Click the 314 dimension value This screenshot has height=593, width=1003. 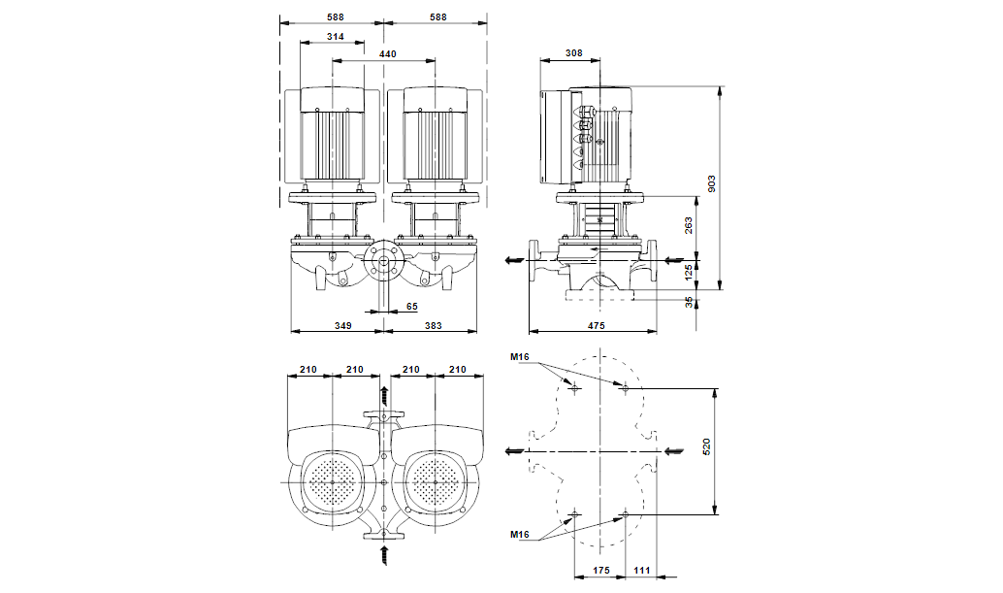[x=335, y=36]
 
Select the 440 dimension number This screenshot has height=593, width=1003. [x=387, y=54]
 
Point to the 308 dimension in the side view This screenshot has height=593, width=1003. [x=573, y=54]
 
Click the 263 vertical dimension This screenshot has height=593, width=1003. [x=690, y=226]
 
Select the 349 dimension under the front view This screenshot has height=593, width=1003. [x=341, y=326]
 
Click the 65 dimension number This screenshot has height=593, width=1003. [x=411, y=306]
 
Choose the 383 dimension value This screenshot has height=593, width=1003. [x=433, y=326]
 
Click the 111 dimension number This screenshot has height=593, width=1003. [x=642, y=571]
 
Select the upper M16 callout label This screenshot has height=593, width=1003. [x=520, y=357]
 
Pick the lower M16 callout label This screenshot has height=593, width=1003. [x=520, y=535]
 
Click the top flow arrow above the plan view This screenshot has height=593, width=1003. [x=385, y=394]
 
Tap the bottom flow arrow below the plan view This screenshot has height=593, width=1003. [x=385, y=556]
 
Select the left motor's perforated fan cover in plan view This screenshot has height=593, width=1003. [x=333, y=482]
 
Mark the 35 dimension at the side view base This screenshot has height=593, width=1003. [x=690, y=301]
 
